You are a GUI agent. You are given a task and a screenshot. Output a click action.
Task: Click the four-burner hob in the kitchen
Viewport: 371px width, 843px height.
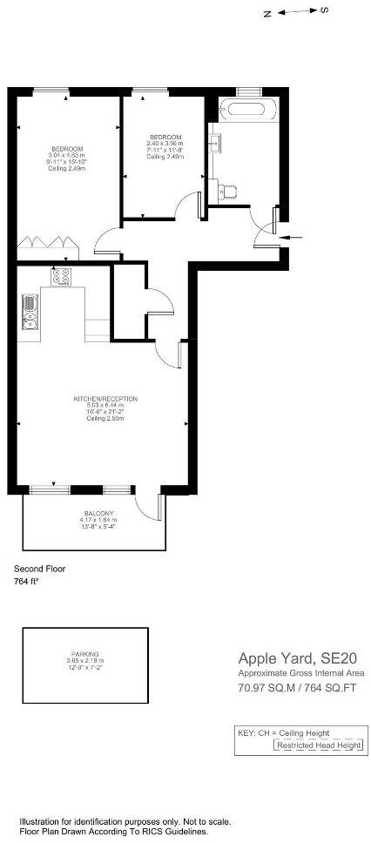tap(62, 277)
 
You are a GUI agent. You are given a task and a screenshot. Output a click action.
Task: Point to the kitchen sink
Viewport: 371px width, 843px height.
tap(28, 314)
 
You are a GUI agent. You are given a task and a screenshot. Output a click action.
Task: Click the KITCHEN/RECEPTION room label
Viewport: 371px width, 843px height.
tap(105, 399)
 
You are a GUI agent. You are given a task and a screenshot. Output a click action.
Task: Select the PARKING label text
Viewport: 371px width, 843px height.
tap(85, 653)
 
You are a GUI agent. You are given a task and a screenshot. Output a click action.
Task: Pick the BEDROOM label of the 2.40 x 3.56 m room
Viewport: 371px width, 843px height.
tap(165, 138)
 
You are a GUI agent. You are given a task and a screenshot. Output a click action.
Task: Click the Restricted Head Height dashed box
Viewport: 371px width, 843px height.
tap(317, 745)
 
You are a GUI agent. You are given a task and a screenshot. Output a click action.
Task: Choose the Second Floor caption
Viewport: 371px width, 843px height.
tap(39, 569)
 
